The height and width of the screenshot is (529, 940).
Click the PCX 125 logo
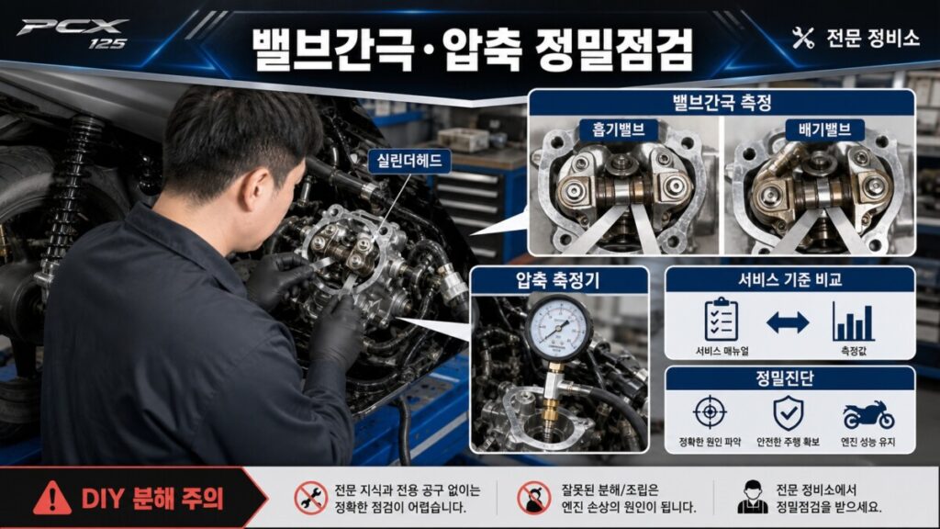click(x=73, y=34)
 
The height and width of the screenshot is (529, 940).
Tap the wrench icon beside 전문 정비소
click(x=802, y=38)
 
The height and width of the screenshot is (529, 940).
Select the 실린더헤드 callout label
click(x=409, y=160)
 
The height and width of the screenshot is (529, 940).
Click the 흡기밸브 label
click(x=618, y=129)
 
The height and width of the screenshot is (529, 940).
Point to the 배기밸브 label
click(x=824, y=129)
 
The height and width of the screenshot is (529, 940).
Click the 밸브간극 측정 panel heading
click(x=722, y=103)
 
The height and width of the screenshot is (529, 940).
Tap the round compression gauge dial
click(x=558, y=328)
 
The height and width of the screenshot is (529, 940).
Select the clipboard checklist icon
click(x=722, y=320)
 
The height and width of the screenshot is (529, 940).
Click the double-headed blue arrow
click(x=788, y=322)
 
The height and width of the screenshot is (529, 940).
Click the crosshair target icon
click(x=710, y=412)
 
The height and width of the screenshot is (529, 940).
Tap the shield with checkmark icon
click(x=788, y=412)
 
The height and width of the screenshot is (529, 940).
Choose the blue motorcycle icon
click(x=868, y=414)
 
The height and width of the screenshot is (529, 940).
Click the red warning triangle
click(x=52, y=498)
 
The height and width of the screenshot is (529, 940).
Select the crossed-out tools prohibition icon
click(x=310, y=499)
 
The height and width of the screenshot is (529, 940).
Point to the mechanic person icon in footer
click(x=753, y=497)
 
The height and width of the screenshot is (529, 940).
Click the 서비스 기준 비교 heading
click(x=789, y=279)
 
